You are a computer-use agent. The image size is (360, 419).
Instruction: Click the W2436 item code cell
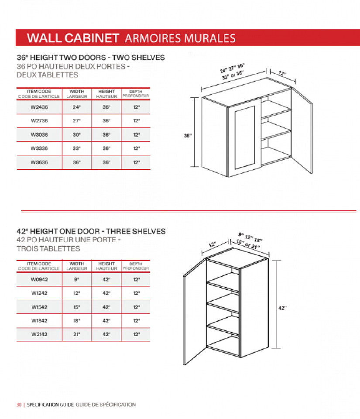point(39,107)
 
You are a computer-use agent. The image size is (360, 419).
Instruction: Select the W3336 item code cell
point(39,148)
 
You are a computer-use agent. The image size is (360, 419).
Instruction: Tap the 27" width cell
point(77,121)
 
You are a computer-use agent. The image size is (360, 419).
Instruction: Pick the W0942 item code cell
point(39,279)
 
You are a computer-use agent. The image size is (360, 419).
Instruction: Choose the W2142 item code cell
point(39,334)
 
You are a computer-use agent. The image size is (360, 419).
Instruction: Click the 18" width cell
point(77,321)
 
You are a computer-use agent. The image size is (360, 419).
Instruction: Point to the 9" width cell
point(77,279)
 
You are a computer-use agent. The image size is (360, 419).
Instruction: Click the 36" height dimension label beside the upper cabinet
point(188,136)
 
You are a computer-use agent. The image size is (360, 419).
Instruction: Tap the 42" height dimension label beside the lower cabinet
point(283,308)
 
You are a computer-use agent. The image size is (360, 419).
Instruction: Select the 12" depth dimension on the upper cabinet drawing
point(282,73)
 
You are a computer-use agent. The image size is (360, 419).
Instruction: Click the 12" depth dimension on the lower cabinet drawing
point(213,245)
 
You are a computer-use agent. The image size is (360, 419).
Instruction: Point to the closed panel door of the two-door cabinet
point(244,137)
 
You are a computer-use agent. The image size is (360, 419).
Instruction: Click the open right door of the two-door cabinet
point(302,131)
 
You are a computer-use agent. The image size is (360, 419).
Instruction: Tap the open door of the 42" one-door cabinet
point(195,312)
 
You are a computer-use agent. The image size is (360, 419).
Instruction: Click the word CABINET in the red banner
point(92,38)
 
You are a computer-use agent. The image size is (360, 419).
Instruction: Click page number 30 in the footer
point(19,405)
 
